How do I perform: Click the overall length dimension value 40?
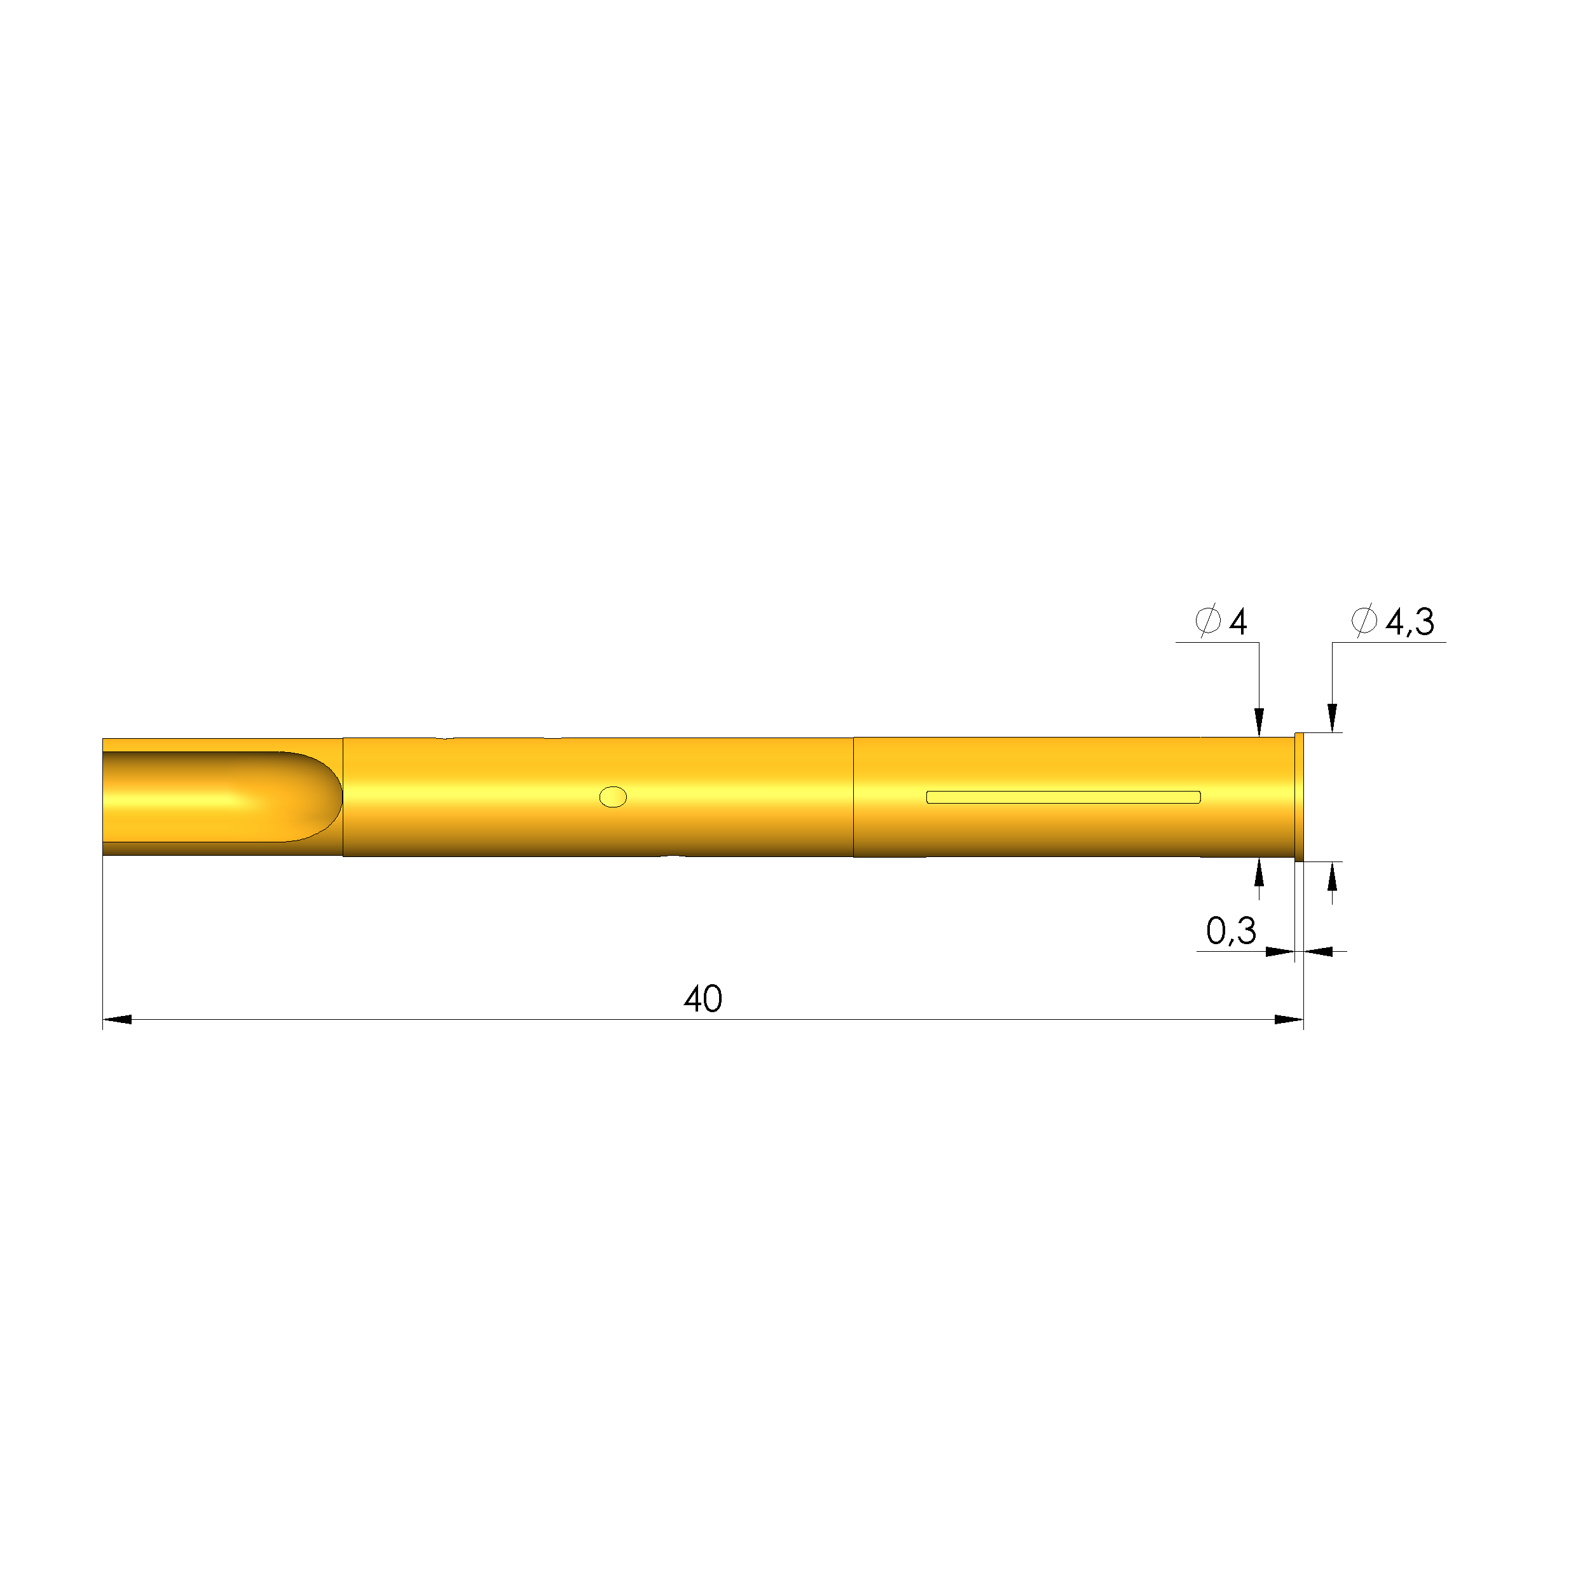point(703,999)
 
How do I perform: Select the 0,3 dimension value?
point(1230,931)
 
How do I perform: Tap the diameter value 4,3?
point(1410,621)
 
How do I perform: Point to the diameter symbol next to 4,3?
point(1364,620)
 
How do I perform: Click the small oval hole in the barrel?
point(613,797)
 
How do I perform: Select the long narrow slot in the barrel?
point(1063,797)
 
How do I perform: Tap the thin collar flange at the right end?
point(1300,797)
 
